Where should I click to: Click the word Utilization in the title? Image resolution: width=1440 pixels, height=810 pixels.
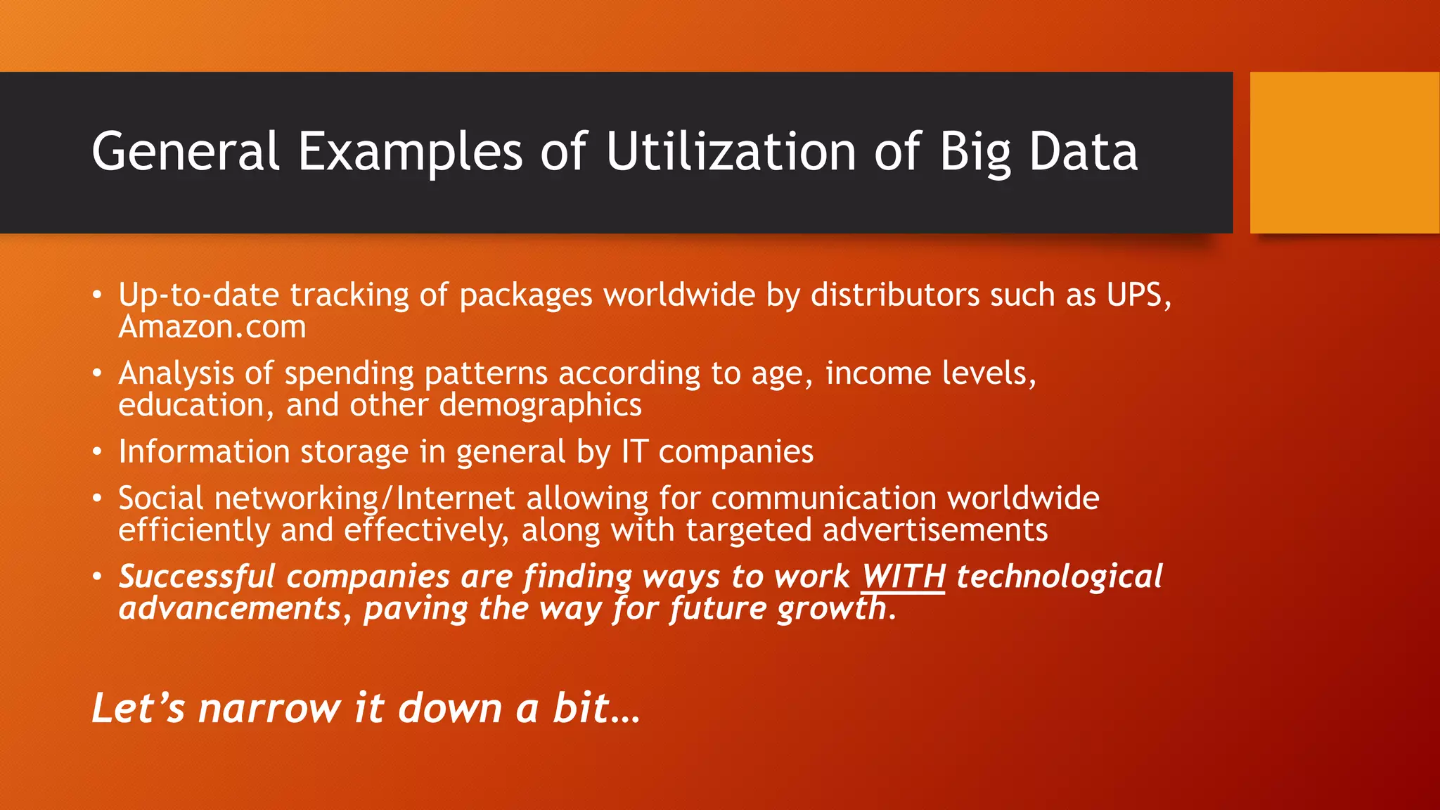pos(731,152)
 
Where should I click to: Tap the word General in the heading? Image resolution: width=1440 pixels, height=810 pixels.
pos(186,152)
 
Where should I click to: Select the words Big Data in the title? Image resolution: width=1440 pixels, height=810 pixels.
pos(1039,152)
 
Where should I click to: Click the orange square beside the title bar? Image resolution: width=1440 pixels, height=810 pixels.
pos(1344,153)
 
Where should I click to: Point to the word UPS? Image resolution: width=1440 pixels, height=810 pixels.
pos(1138,295)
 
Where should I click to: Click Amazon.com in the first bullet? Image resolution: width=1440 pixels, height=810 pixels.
pos(212,327)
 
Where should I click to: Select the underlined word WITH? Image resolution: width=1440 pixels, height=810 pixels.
pos(904,577)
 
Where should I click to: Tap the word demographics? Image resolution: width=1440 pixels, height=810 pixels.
pos(540,405)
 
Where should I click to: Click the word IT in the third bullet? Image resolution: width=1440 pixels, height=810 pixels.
pos(634,451)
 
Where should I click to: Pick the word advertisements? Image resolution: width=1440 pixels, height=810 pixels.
pos(934,529)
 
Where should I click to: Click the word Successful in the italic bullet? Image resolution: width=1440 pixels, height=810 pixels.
pos(197,577)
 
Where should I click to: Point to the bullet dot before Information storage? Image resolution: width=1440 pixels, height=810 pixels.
pos(98,452)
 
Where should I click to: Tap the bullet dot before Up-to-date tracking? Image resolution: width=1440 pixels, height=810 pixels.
pos(98,295)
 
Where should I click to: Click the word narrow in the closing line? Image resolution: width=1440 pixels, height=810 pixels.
pos(269,708)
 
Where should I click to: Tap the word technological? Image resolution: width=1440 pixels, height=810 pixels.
pos(1059,577)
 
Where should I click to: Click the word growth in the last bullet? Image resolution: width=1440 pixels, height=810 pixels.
pos(832,609)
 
